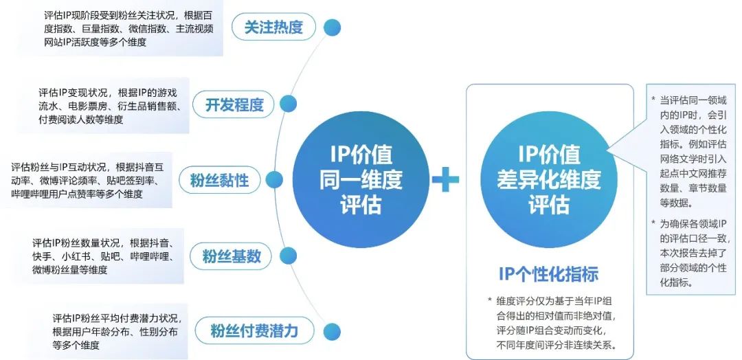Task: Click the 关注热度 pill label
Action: pos(273,27)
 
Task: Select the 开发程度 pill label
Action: pos(234,104)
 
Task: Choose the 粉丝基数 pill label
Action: pos(232,257)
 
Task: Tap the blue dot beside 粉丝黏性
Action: pos(275,181)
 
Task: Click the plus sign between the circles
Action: pos(445,180)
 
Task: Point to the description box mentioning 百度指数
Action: pos(131,28)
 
